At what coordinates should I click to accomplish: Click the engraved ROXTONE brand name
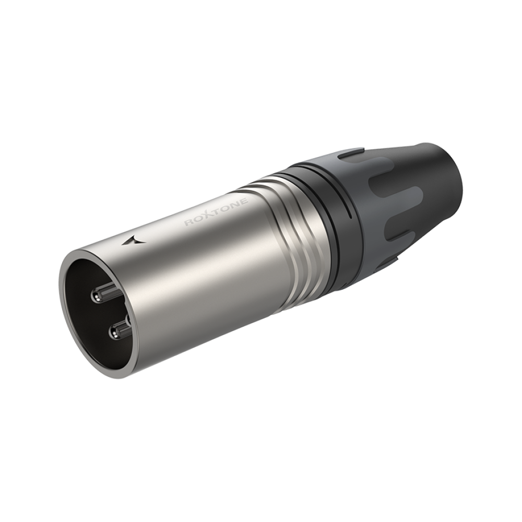coord(216,212)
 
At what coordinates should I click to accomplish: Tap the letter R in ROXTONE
coord(188,223)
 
